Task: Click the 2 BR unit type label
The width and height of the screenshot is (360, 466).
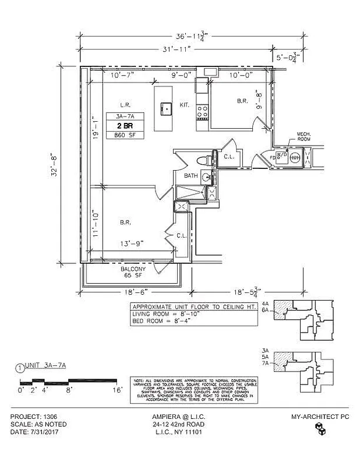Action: click(123, 125)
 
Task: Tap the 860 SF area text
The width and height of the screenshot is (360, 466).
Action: click(123, 135)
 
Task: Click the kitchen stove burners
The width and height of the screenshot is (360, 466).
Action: click(203, 111)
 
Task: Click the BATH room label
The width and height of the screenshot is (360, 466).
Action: click(191, 175)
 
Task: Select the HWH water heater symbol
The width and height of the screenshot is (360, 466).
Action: click(295, 157)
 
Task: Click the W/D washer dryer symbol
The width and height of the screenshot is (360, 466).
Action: click(281, 156)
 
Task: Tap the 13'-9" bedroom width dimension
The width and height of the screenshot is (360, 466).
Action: click(132, 243)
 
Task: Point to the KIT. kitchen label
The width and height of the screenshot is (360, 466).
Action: click(185, 105)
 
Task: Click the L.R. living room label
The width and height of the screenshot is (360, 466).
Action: click(124, 105)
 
